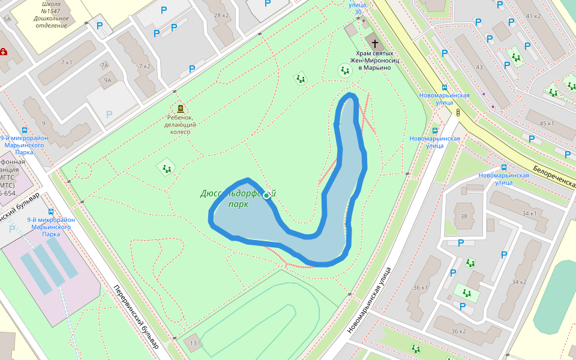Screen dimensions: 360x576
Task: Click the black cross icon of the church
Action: [x=375, y=43]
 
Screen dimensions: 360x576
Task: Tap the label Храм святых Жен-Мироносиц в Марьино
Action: [x=374, y=60]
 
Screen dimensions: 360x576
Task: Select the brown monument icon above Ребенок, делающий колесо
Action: [x=181, y=109]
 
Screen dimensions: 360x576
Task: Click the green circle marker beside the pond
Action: [x=266, y=196]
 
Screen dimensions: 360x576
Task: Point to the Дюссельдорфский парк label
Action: [x=238, y=199]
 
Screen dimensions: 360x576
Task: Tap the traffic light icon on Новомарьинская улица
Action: [x=458, y=112]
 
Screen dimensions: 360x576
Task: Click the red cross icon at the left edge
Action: [x=4, y=52]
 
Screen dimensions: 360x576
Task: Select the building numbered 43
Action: [x=479, y=67]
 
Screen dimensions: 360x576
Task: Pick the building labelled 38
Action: [x=463, y=216]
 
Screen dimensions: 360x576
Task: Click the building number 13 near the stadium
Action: [x=193, y=343]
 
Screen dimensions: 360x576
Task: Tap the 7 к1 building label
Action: [x=66, y=62]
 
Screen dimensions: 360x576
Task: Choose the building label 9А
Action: [x=108, y=80]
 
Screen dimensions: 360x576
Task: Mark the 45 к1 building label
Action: [x=547, y=123]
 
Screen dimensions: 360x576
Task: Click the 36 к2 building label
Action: [x=458, y=331]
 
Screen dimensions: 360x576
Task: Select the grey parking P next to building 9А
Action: [x=109, y=114]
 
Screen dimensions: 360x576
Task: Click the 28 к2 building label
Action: [x=221, y=15]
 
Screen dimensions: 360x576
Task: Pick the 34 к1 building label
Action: [x=529, y=214]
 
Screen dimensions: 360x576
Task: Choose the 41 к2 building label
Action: [x=533, y=16]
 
